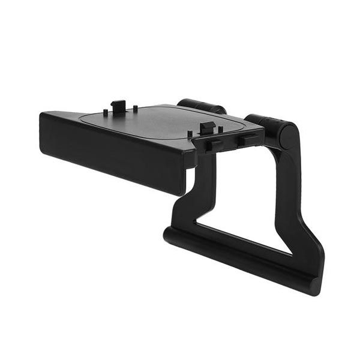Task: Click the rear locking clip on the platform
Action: pyautogui.click(x=119, y=106)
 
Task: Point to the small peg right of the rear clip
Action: pyautogui.click(x=135, y=108)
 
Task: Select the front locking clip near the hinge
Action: pyautogui.click(x=206, y=127)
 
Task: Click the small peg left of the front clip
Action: pyautogui.click(x=190, y=133)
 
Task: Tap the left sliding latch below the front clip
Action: pyautogui.click(x=212, y=145)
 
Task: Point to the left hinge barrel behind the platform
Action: pyautogui.click(x=201, y=106)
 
